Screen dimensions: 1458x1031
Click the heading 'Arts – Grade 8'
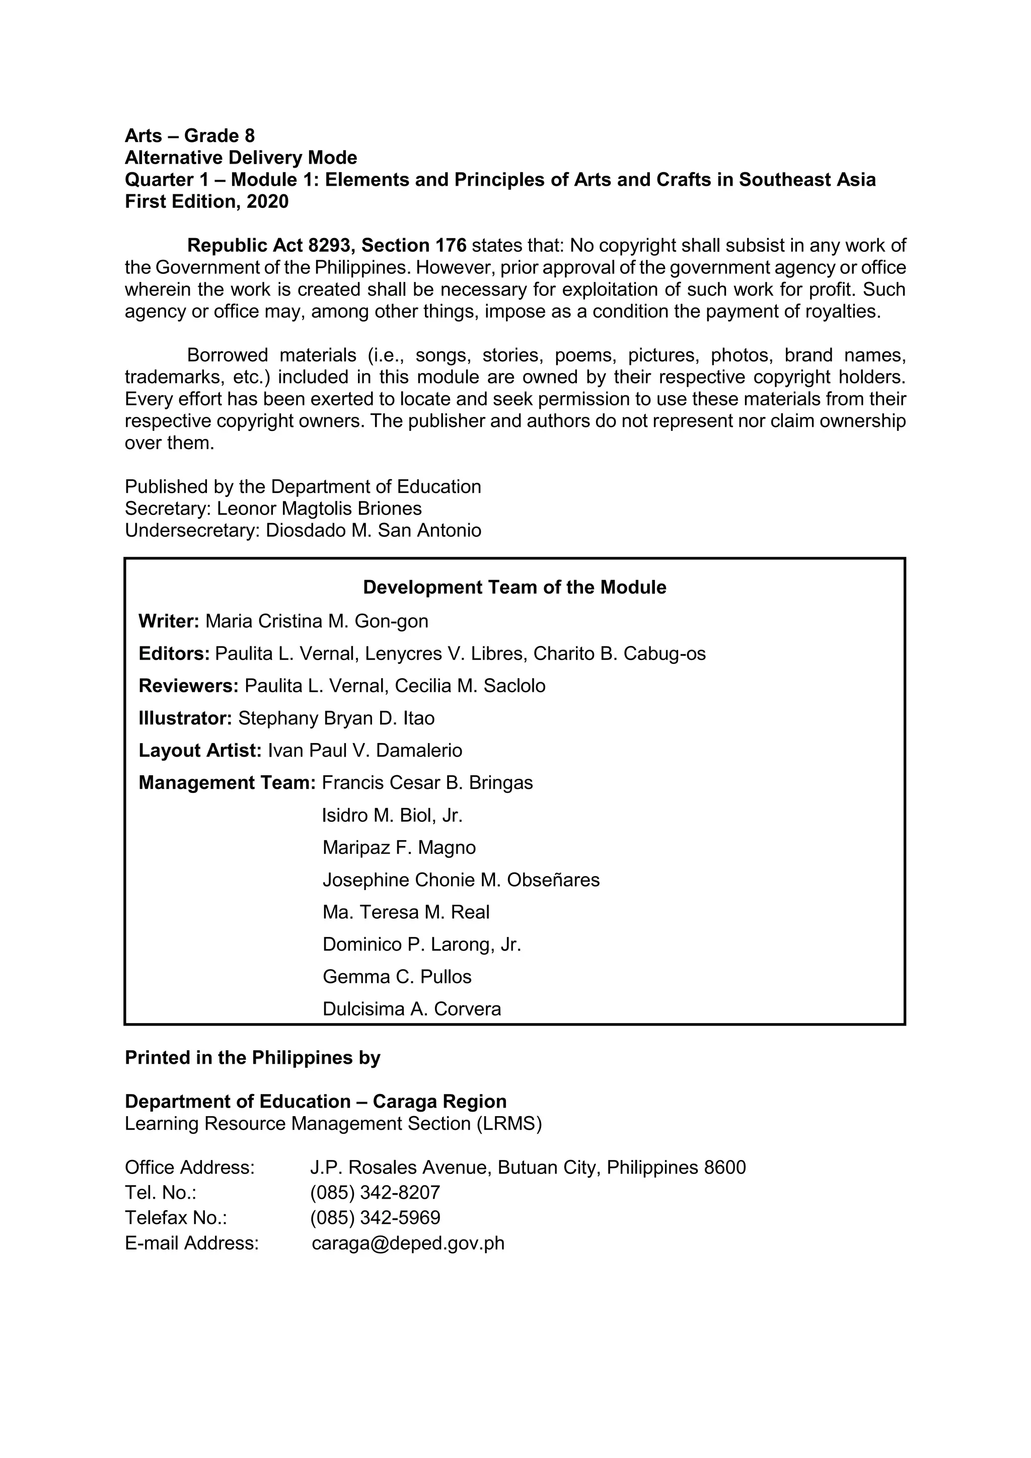pos(189,136)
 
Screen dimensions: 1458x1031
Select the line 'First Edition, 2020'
pos(206,202)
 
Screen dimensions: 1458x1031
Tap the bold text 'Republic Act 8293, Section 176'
pos(326,246)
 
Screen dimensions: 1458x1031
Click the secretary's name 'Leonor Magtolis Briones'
pos(319,508)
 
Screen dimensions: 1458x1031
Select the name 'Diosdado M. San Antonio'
pos(374,530)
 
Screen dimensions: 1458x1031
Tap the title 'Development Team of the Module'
pos(514,588)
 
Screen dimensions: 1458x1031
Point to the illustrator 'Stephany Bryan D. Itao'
pos(336,718)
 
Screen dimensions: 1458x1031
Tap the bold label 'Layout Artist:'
pos(200,751)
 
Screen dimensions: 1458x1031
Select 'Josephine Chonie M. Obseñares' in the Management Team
pos(461,880)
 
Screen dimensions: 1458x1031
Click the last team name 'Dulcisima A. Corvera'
pos(411,1009)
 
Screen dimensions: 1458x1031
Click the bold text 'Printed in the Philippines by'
pos(252,1058)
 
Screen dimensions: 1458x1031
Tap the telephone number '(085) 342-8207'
pos(375,1193)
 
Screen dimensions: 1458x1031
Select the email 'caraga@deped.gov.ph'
pos(408,1244)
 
